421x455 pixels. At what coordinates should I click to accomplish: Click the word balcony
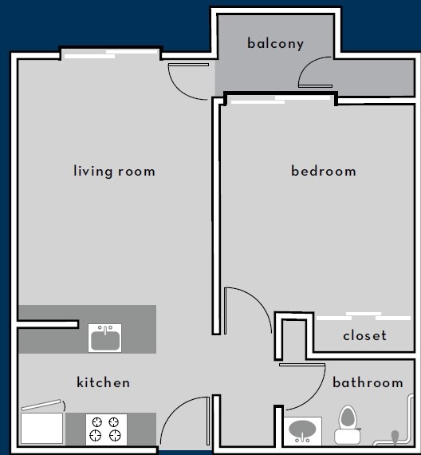(x=275, y=43)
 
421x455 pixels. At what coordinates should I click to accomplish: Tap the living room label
(x=114, y=171)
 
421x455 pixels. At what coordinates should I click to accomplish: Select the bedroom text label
(x=323, y=171)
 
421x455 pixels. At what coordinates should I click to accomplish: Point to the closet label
(x=364, y=335)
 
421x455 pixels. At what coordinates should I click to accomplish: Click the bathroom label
(x=368, y=382)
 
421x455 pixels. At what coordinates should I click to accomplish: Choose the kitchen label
(x=103, y=382)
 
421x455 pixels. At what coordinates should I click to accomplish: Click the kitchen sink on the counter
(x=105, y=338)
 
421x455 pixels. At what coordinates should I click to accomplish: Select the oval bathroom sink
(x=303, y=431)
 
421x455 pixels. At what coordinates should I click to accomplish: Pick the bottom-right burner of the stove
(x=115, y=435)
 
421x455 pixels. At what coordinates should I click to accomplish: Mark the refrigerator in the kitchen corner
(x=41, y=426)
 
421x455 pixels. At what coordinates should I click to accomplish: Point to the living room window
(x=112, y=54)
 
